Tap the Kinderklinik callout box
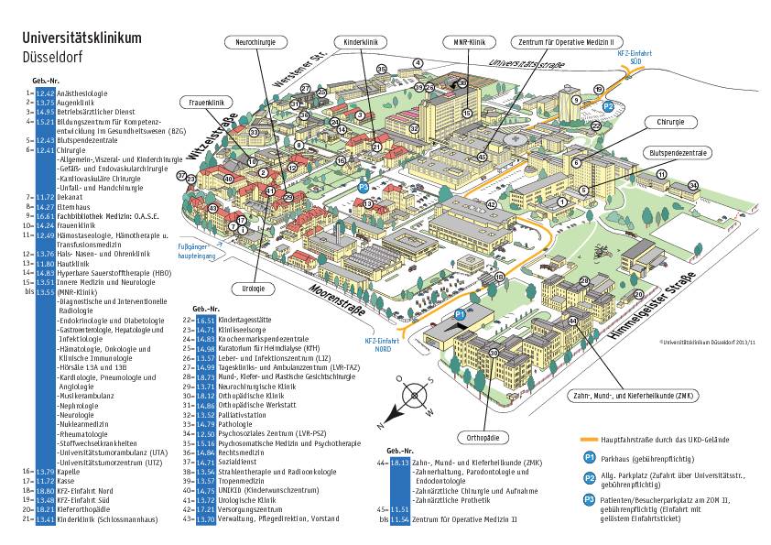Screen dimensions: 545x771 coord(361,42)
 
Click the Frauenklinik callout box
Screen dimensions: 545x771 coord(202,103)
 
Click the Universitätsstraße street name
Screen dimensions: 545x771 coord(528,63)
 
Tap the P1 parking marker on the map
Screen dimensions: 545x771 coord(461,315)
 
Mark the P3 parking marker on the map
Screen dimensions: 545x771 coord(363,187)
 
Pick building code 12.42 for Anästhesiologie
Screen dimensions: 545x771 coord(46,93)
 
